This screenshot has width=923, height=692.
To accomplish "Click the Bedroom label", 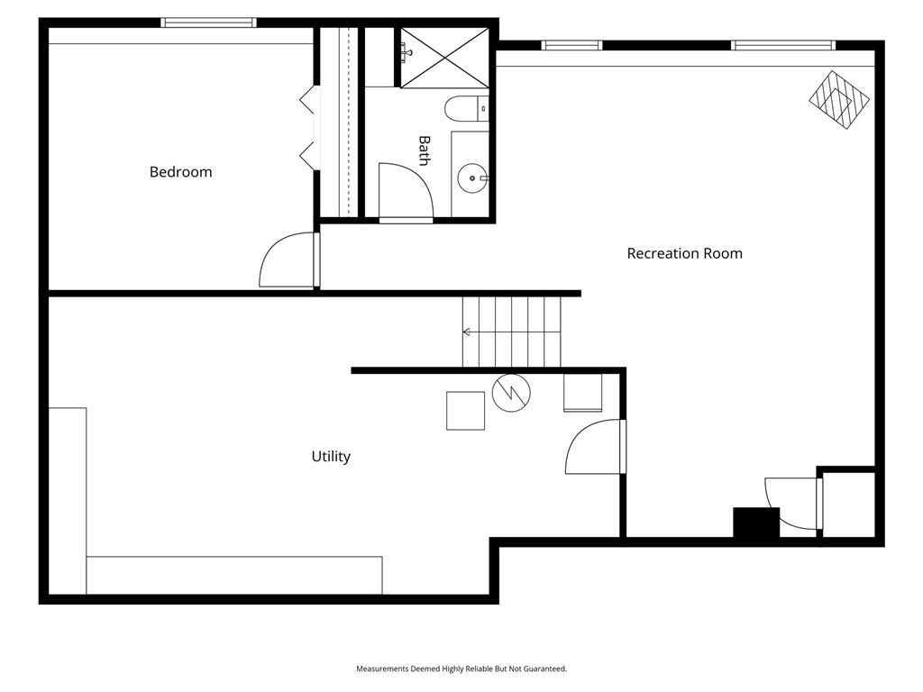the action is [x=180, y=172].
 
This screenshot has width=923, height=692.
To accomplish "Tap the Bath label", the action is [x=424, y=150].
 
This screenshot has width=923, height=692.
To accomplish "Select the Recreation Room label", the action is [x=685, y=253].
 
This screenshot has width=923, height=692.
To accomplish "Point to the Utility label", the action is [x=331, y=457].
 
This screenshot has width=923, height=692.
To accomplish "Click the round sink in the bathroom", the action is [x=472, y=178].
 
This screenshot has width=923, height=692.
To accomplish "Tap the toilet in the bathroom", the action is [x=466, y=109].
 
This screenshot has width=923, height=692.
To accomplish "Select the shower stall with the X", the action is [x=445, y=58].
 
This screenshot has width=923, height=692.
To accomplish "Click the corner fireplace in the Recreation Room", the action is [x=839, y=99].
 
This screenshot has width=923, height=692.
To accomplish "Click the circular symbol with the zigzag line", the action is [x=511, y=393].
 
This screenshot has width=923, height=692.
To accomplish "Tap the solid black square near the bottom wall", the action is [x=756, y=522].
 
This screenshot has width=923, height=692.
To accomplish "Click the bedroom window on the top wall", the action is [x=208, y=23].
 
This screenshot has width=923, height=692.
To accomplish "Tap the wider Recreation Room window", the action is [x=783, y=45].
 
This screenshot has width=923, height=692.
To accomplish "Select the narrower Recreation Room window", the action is [x=571, y=45].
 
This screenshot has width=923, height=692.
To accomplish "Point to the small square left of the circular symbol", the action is [x=466, y=411].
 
